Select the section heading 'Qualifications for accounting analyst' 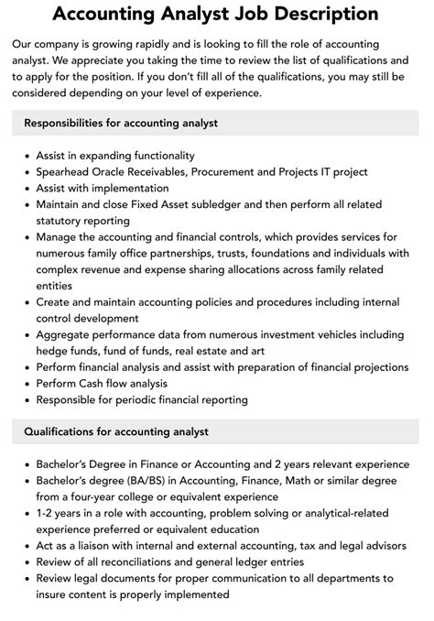click(x=116, y=431)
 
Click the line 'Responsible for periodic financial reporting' click(x=142, y=400)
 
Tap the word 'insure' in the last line click(x=53, y=596)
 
